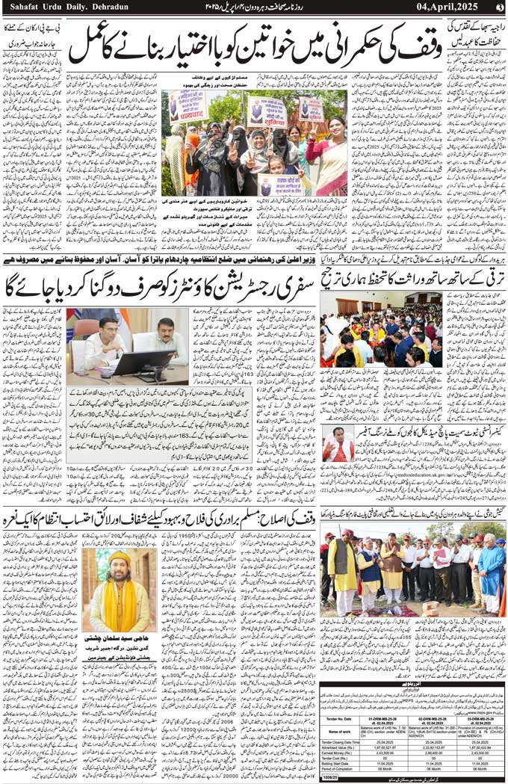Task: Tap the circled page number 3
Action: coord(499,7)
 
